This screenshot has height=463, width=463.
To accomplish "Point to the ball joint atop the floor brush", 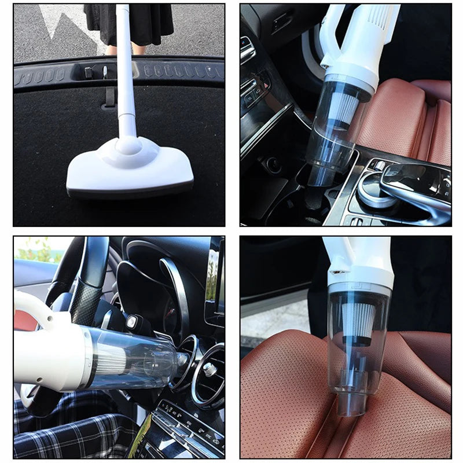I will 128,145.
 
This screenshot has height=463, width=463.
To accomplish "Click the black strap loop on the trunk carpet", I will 109,98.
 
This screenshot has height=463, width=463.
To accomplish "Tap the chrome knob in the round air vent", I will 210,369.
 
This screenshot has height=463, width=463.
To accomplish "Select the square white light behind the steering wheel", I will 132,321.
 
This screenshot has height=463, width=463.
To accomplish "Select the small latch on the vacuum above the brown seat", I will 334,271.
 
